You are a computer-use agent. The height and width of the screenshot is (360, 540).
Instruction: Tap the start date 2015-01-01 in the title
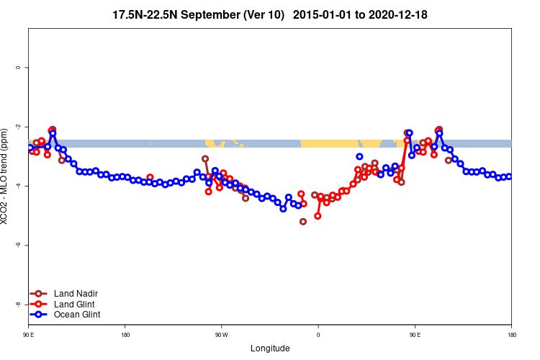click(x=322, y=14)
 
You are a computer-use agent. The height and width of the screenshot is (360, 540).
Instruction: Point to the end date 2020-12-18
click(x=400, y=14)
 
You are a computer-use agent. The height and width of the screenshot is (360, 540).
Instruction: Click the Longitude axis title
click(x=270, y=348)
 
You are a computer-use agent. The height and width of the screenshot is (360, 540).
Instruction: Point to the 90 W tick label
click(x=221, y=335)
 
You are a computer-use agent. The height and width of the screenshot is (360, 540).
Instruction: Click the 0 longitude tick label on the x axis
click(x=318, y=335)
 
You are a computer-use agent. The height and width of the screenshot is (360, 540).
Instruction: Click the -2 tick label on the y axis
click(x=18, y=127)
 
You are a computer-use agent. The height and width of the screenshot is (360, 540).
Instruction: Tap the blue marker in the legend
click(x=39, y=315)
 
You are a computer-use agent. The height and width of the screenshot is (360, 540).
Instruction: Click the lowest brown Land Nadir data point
click(x=303, y=221)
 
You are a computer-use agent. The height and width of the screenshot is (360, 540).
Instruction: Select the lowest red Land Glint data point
click(x=318, y=216)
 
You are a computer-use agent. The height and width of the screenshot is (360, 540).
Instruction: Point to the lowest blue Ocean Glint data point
click(x=283, y=209)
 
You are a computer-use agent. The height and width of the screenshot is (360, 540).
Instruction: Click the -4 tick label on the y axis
click(x=18, y=186)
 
